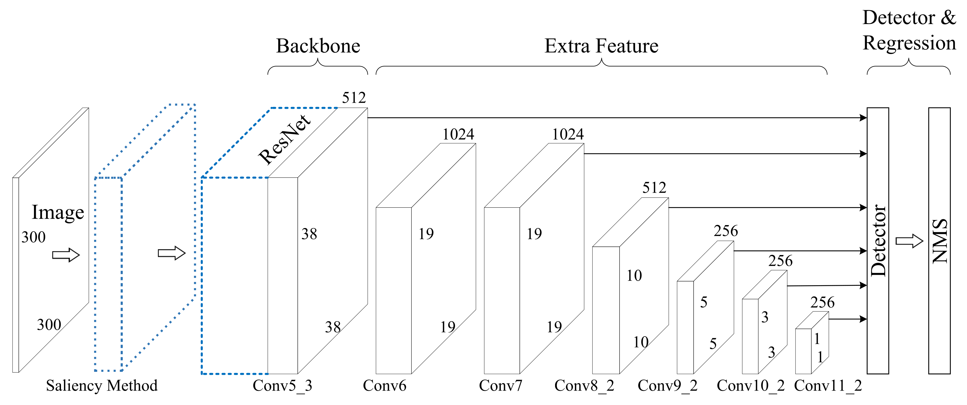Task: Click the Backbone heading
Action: pyautogui.click(x=318, y=46)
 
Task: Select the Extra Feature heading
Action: pyautogui.click(x=601, y=46)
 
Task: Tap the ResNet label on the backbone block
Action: pyautogui.click(x=285, y=140)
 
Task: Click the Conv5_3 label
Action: pyautogui.click(x=282, y=385)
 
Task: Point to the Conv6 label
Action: pyautogui.click(x=384, y=385)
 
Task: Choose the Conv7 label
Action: pyautogui.click(x=500, y=385)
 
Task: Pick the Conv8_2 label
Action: pyautogui.click(x=584, y=385)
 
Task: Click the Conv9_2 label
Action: pyautogui.click(x=667, y=385)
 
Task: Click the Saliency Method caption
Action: pyautogui.click(x=102, y=385)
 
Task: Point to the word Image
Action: pyautogui.click(x=58, y=213)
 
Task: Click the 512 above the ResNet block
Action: pyautogui.click(x=354, y=98)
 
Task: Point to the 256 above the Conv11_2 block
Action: pyautogui.click(x=822, y=303)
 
